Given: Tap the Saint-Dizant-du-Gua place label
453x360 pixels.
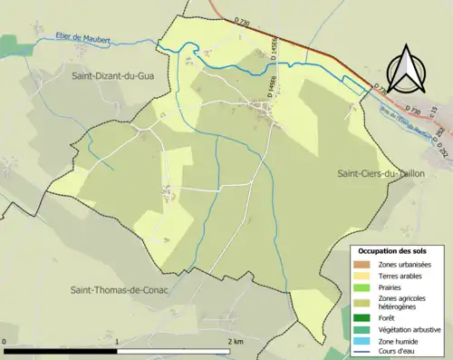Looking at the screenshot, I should click(114, 77).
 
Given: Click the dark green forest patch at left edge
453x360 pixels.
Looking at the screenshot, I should click(7, 44).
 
